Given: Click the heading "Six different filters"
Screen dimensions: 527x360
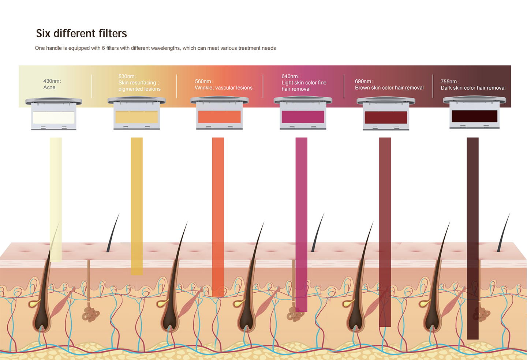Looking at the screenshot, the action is click(x=81, y=33).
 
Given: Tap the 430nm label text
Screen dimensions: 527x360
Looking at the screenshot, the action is click(x=52, y=81).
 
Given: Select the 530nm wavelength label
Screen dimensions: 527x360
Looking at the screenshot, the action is click(x=127, y=76).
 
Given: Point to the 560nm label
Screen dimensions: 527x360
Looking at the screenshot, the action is click(x=204, y=81).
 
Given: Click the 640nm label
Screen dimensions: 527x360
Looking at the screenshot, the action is click(x=291, y=76).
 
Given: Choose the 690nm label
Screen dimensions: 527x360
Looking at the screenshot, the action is click(x=364, y=81).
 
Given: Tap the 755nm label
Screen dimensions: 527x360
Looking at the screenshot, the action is click(x=449, y=82).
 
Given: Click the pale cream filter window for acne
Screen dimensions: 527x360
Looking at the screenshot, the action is click(x=54, y=118).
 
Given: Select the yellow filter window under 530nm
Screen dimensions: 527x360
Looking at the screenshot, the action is click(x=137, y=117).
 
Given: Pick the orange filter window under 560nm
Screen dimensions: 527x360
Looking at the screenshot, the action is click(x=219, y=117).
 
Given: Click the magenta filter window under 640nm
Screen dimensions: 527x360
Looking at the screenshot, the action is click(x=303, y=117).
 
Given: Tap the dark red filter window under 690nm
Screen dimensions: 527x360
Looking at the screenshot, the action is click(x=386, y=117).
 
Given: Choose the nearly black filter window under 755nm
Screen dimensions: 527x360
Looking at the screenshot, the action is click(x=474, y=116).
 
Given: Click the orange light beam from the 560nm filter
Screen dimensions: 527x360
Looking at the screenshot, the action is click(x=218, y=217).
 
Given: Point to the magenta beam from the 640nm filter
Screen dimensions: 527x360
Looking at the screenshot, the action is click(x=302, y=225).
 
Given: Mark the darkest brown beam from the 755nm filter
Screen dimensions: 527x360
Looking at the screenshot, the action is click(x=473, y=239).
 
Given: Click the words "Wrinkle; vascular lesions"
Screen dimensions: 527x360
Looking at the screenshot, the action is click(x=224, y=88).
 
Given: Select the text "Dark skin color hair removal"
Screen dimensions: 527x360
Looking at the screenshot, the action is click(x=473, y=88).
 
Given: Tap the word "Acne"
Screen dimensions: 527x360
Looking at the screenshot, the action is click(x=49, y=87).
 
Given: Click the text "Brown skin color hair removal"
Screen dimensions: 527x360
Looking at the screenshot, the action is click(x=389, y=88).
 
